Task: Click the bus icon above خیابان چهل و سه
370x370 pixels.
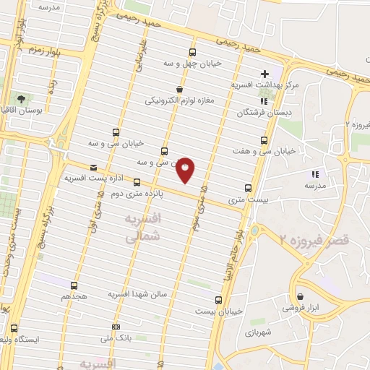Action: point(192,52)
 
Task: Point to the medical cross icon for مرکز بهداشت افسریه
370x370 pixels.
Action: point(265,74)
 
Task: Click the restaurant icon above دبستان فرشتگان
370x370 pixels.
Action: point(262,101)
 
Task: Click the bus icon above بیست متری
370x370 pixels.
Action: point(249,187)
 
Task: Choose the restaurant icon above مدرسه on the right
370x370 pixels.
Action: point(314,174)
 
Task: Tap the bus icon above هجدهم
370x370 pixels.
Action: point(74,285)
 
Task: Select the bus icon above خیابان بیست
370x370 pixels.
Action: point(218,299)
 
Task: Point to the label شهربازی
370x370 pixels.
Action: point(259,333)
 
